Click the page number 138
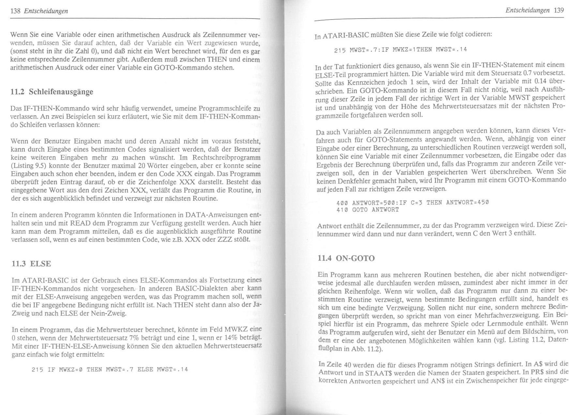coord(15,11)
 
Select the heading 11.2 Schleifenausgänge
coord(52,92)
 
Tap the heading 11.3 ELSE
coord(31,264)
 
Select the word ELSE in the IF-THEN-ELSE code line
coord(145,369)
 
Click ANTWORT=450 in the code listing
coord(467,202)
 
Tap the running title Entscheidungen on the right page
coord(527,10)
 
